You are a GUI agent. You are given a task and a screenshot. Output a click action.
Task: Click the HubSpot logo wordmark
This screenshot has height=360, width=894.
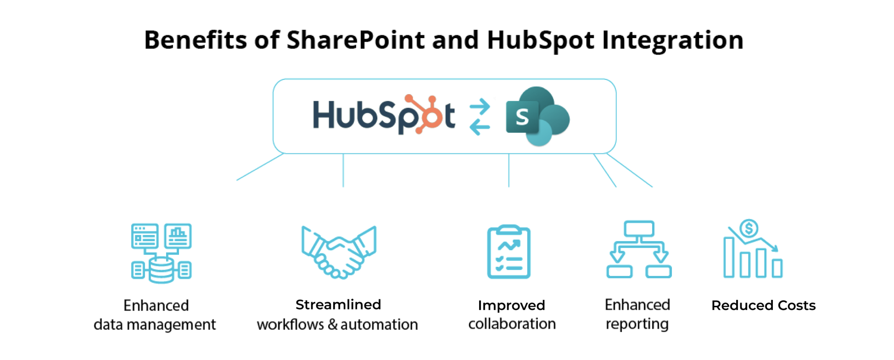click(x=383, y=115)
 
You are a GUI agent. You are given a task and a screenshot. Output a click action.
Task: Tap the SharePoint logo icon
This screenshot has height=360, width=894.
click(x=537, y=116)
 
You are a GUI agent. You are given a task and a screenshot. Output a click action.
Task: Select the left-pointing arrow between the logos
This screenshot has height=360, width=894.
click(x=480, y=127)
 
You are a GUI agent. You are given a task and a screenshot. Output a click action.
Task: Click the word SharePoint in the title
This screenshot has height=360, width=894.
click(x=356, y=40)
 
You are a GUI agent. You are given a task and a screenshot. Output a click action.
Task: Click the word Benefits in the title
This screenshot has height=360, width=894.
click(x=196, y=40)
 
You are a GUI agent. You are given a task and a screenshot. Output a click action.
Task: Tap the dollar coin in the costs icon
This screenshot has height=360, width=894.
click(x=749, y=228)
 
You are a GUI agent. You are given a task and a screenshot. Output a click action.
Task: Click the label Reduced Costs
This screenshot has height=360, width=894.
click(x=763, y=305)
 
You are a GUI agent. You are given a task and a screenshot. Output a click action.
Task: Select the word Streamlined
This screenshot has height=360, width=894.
click(x=338, y=304)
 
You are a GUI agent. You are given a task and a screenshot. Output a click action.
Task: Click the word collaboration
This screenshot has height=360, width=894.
click(x=512, y=324)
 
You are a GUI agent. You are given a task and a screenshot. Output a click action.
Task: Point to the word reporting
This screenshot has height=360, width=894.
click(x=637, y=324)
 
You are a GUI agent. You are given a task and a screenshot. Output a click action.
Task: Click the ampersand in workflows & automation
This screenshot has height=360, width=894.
click(x=333, y=325)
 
